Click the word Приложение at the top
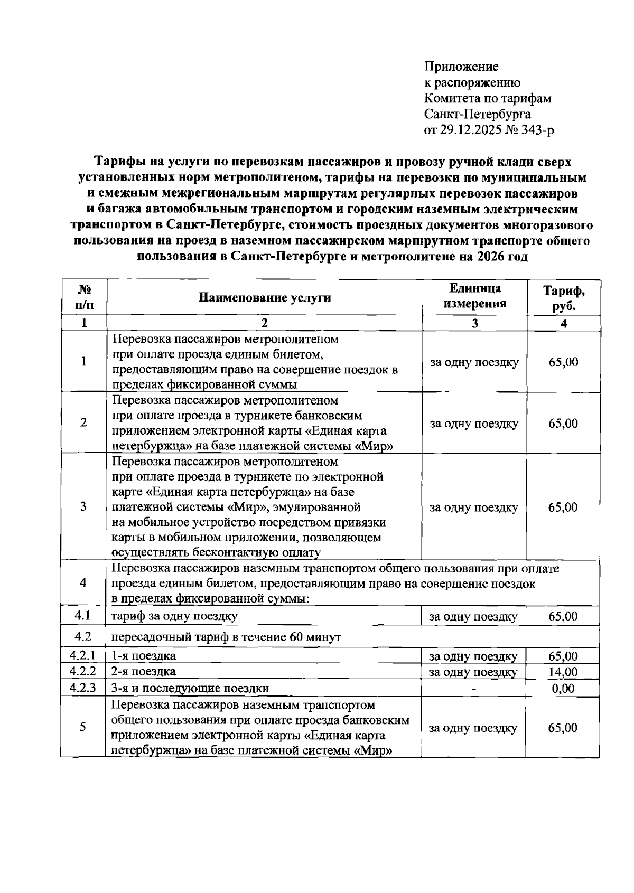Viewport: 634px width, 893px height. [461, 67]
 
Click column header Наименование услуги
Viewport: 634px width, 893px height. [265, 297]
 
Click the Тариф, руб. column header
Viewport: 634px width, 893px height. [564, 298]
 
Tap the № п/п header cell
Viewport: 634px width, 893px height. [83, 297]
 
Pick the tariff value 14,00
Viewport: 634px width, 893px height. [563, 672]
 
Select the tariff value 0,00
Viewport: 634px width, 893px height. [563, 689]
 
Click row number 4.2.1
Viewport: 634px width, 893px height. [82, 656]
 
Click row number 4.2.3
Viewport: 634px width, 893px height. [82, 688]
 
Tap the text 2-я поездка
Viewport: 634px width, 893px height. [143, 672]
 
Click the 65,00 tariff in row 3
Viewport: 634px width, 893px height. [563, 507]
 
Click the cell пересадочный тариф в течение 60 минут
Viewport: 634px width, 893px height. [226, 637]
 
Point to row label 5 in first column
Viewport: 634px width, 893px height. [83, 727]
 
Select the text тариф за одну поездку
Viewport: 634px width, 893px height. [174, 616]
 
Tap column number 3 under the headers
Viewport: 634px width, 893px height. [474, 323]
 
